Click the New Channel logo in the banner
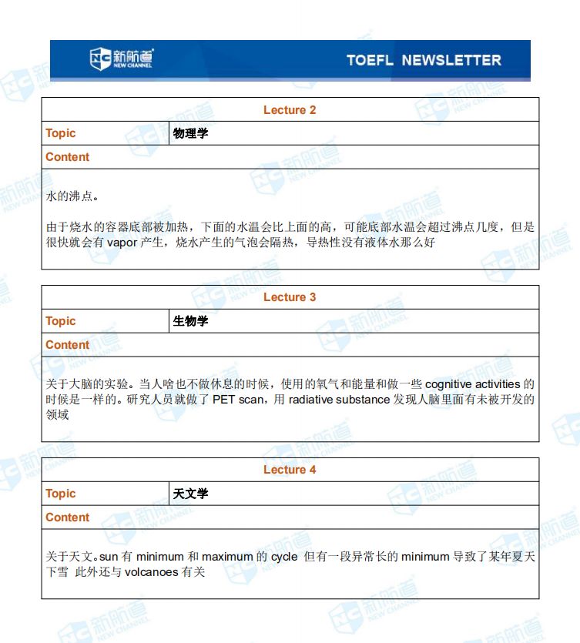pos(121,59)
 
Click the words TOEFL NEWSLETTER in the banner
pos(423,60)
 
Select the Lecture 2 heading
pos(290,110)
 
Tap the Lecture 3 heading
pos(290,297)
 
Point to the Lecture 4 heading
pos(290,470)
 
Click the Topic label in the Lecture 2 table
pos(61,133)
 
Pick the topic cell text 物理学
pos(191,133)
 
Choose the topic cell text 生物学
pos(191,321)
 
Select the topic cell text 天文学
pos(191,494)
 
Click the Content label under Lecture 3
pos(68,345)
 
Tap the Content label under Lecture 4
pos(68,517)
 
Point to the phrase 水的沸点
pos(72,196)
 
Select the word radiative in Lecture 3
pos(310,400)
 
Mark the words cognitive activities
pos(472,383)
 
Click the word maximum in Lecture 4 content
pos(227,556)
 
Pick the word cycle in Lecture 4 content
pos(284,556)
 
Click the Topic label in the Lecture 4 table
pos(61,494)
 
